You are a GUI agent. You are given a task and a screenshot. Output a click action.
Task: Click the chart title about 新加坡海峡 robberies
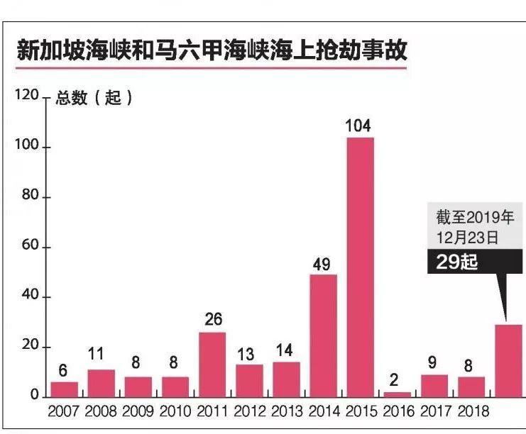pyautogui.click(x=211, y=52)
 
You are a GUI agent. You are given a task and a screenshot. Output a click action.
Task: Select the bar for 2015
pyautogui.click(x=360, y=267)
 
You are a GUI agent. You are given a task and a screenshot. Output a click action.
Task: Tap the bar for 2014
pyautogui.click(x=323, y=335)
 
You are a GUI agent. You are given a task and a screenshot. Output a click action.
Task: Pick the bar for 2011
pyautogui.click(x=212, y=364)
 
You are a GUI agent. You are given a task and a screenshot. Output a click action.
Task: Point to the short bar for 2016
pyautogui.click(x=397, y=394)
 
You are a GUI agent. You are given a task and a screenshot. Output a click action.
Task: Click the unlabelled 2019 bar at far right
pyautogui.click(x=508, y=360)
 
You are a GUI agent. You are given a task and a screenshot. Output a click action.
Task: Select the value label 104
pyautogui.click(x=358, y=126)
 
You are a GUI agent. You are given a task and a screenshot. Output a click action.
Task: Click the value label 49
pyautogui.click(x=323, y=264)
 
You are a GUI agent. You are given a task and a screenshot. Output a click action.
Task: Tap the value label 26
pyautogui.click(x=212, y=320)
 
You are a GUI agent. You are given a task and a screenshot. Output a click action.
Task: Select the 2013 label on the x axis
pyautogui.click(x=286, y=411)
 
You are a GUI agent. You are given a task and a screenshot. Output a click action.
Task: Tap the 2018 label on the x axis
pyautogui.click(x=471, y=411)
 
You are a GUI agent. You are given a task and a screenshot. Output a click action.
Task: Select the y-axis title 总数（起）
pyautogui.click(x=94, y=99)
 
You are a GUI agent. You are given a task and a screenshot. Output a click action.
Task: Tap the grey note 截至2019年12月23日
pyautogui.click(x=474, y=227)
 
